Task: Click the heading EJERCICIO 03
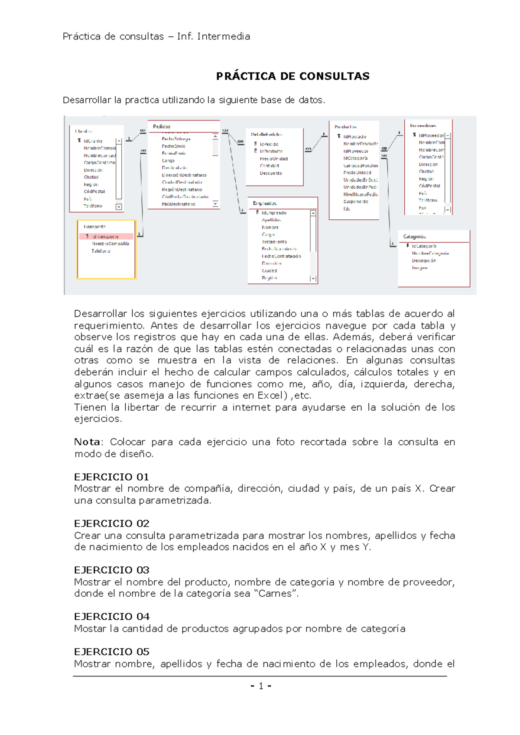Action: tap(111, 570)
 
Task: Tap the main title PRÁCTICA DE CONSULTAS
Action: tap(292, 76)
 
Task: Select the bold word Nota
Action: tap(87, 442)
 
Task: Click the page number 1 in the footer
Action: tap(261, 686)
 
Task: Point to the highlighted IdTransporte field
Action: tap(105, 237)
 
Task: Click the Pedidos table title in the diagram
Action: tap(162, 127)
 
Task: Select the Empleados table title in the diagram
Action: tap(265, 203)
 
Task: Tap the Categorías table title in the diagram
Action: tap(414, 237)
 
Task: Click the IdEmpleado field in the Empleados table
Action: tap(274, 213)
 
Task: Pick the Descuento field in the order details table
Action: tap(271, 173)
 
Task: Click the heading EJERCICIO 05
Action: tap(111, 652)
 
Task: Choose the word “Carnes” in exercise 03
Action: tap(275, 594)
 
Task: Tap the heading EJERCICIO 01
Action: tap(111, 477)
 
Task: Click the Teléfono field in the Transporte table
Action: tap(101, 251)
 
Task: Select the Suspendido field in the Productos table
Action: tap(356, 202)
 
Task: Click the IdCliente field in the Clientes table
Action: tap(93, 141)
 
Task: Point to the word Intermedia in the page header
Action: tap(224, 36)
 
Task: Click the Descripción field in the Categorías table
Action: tap(424, 261)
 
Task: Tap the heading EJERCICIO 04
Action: tap(111, 616)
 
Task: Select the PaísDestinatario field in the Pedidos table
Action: tap(179, 204)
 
